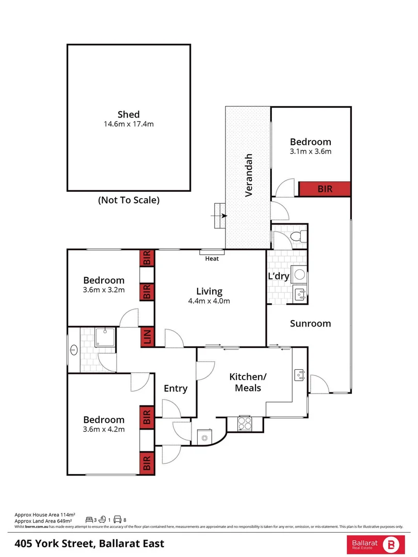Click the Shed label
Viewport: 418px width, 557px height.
pyautogui.click(x=128, y=114)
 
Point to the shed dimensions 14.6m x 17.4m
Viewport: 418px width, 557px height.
pyautogui.click(x=128, y=124)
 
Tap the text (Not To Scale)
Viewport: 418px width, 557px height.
pyautogui.click(x=128, y=200)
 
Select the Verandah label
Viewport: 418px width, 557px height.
pyautogui.click(x=248, y=175)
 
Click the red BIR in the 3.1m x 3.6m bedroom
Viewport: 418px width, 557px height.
pyautogui.click(x=325, y=189)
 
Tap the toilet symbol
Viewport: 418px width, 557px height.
pyautogui.click(x=297, y=237)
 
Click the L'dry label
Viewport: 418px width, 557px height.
pyautogui.click(x=278, y=276)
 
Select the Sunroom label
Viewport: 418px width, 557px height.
pyautogui.click(x=310, y=323)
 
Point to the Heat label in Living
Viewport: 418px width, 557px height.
pyautogui.click(x=212, y=258)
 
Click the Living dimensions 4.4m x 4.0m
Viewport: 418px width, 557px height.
pyautogui.click(x=209, y=301)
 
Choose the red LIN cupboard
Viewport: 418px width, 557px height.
pyautogui.click(x=147, y=337)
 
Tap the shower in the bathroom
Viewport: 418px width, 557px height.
pyautogui.click(x=105, y=337)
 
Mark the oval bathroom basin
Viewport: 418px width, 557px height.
pyautogui.click(x=74, y=350)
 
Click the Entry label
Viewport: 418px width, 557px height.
pyautogui.click(x=175, y=388)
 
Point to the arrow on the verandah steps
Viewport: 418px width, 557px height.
pyautogui.click(x=221, y=216)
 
